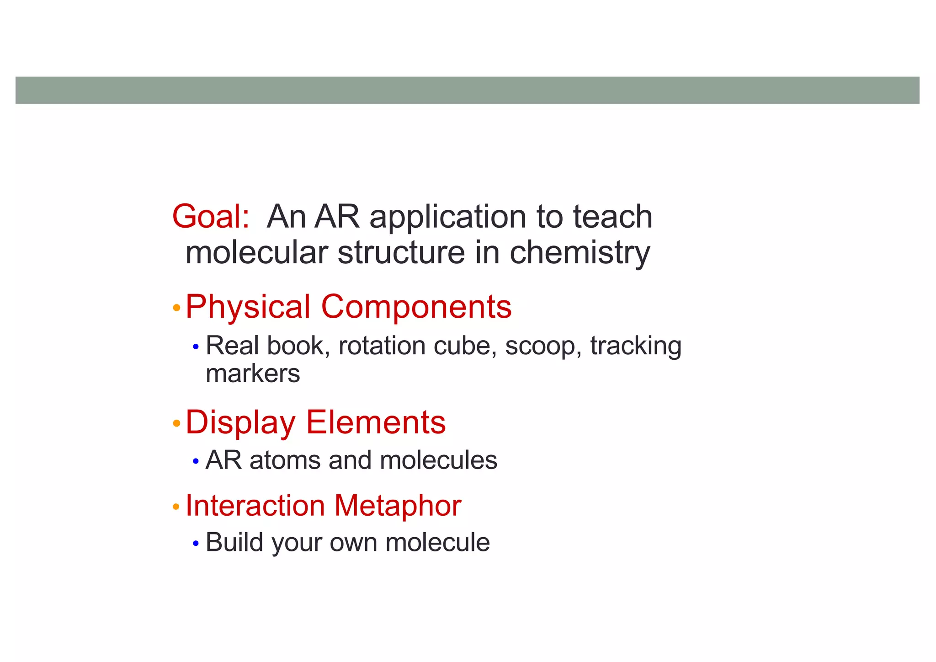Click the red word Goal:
pyautogui.click(x=211, y=217)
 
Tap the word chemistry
pyautogui.click(x=580, y=253)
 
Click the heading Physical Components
pyautogui.click(x=348, y=307)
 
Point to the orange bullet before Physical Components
pyautogui.click(x=176, y=308)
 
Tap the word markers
pyautogui.click(x=253, y=374)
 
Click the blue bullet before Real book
pyautogui.click(x=196, y=347)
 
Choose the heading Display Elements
pyautogui.click(x=315, y=422)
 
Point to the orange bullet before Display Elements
pyautogui.click(x=176, y=424)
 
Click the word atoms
pyautogui.click(x=285, y=460)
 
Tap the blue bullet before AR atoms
pyautogui.click(x=196, y=462)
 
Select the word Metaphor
pyautogui.click(x=398, y=506)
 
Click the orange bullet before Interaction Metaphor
pyautogui.click(x=176, y=507)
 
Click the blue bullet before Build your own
pyautogui.click(x=196, y=544)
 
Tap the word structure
pyautogui.click(x=401, y=253)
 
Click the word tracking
pyautogui.click(x=636, y=347)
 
